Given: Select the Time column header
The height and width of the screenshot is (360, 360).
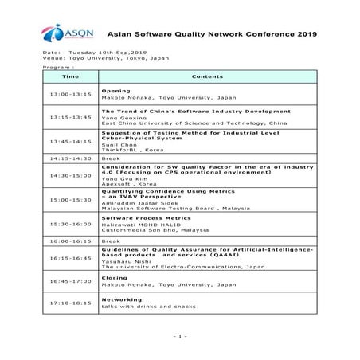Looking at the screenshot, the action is pyautogui.click(x=70, y=76).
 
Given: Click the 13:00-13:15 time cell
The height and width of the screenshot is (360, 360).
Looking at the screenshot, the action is pyautogui.click(x=70, y=94).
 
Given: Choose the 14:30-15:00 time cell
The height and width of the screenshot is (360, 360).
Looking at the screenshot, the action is pyautogui.click(x=70, y=174).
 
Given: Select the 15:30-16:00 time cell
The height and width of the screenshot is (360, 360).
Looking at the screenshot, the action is pyautogui.click(x=70, y=224).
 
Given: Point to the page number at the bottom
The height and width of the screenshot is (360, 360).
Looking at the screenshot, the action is pyautogui.click(x=179, y=335).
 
